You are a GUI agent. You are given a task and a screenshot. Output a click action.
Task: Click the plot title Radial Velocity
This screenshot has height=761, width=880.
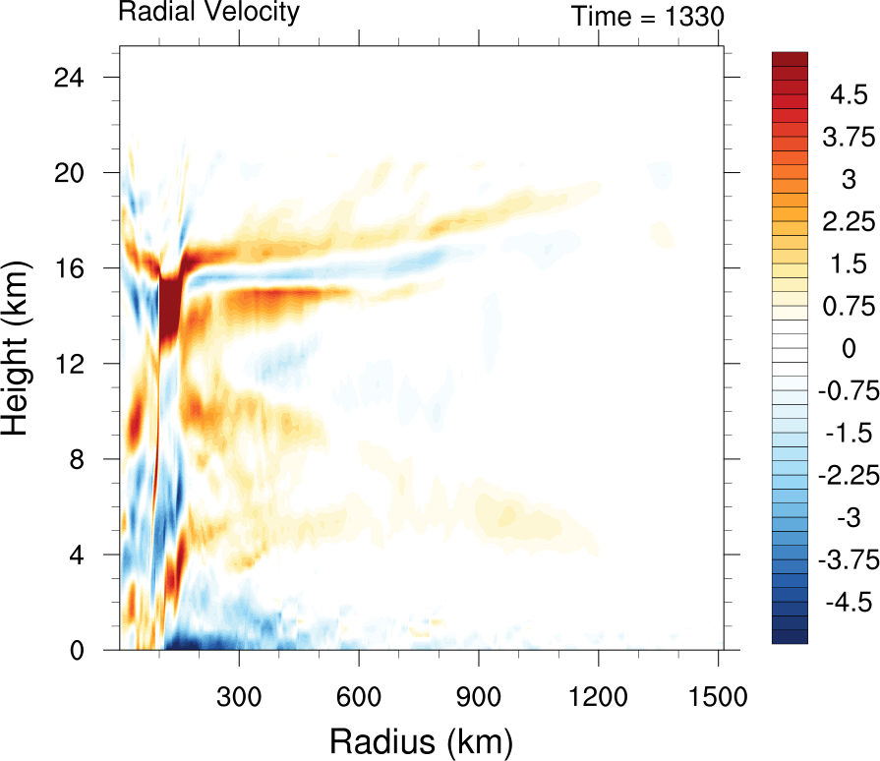click(208, 13)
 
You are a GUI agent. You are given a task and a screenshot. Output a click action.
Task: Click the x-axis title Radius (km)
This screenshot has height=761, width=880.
click(421, 739)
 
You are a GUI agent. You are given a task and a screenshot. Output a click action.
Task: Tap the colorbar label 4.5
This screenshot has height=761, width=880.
click(848, 96)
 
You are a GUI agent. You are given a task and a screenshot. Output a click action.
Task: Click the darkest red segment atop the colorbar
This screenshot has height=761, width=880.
click(790, 58)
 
